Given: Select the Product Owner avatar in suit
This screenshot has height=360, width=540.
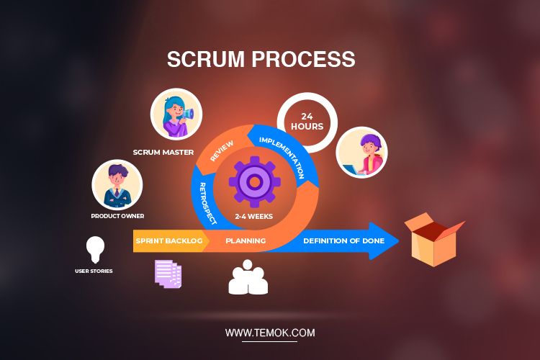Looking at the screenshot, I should pyautogui.click(x=117, y=184).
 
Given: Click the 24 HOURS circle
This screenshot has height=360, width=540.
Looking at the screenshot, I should pyautogui.click(x=307, y=120).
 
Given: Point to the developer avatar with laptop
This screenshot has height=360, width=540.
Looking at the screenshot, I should pyautogui.click(x=361, y=153).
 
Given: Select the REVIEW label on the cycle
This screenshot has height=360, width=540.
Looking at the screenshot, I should pyautogui.click(x=221, y=148).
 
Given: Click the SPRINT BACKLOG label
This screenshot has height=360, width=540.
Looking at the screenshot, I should pyautogui.click(x=169, y=240).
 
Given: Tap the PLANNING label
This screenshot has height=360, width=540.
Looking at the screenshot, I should pyautogui.click(x=246, y=240).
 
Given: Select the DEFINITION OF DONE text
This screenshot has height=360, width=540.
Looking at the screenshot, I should pyautogui.click(x=343, y=240).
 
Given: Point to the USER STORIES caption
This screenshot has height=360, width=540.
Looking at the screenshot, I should pyautogui.click(x=94, y=271).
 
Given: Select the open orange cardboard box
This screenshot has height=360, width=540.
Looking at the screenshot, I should pyautogui.click(x=433, y=239).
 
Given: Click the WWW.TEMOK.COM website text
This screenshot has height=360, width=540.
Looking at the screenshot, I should pyautogui.click(x=269, y=333).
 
